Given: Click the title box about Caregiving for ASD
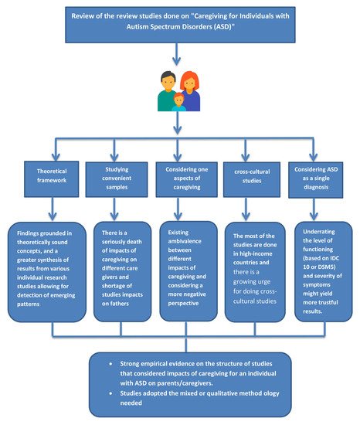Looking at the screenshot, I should coord(179,22).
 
